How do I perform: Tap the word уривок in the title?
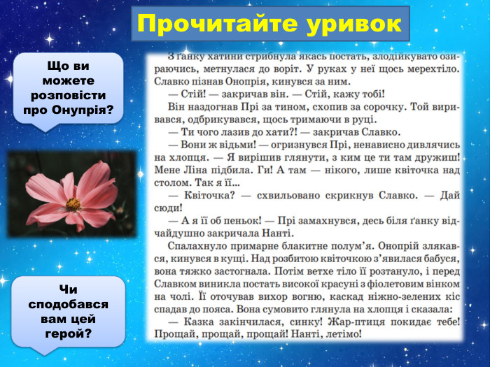(354, 24)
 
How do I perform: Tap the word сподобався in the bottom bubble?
(69, 305)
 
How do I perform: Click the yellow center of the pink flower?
(73, 203)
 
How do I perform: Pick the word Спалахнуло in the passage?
(197, 246)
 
